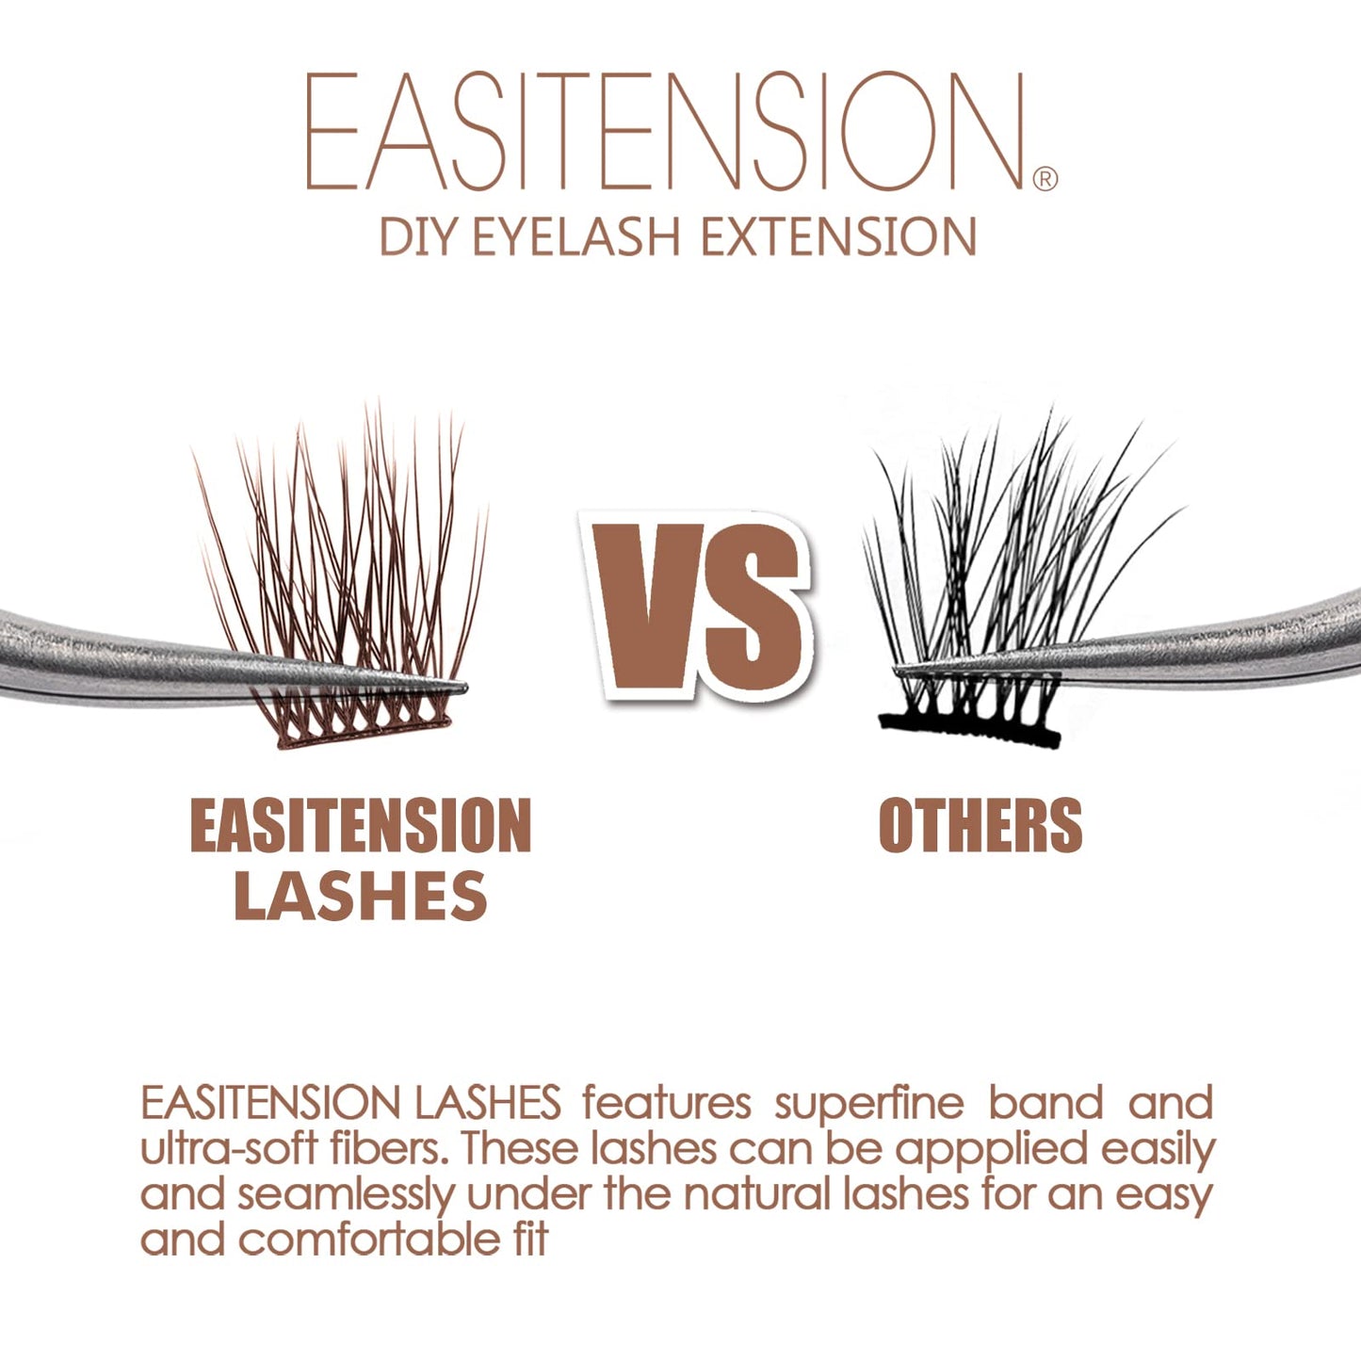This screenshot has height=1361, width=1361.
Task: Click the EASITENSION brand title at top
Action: coord(664,132)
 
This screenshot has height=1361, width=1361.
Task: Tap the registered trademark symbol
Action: coord(1045,178)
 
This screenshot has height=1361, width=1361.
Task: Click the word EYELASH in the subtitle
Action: coord(575,236)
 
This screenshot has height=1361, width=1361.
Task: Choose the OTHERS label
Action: coord(980,826)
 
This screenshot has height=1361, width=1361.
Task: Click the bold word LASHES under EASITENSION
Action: coord(361,896)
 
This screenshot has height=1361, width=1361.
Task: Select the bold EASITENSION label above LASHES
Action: coord(361,826)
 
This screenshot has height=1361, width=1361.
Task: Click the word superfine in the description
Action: coord(869,1104)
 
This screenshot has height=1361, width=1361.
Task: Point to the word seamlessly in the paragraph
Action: coord(346,1194)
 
